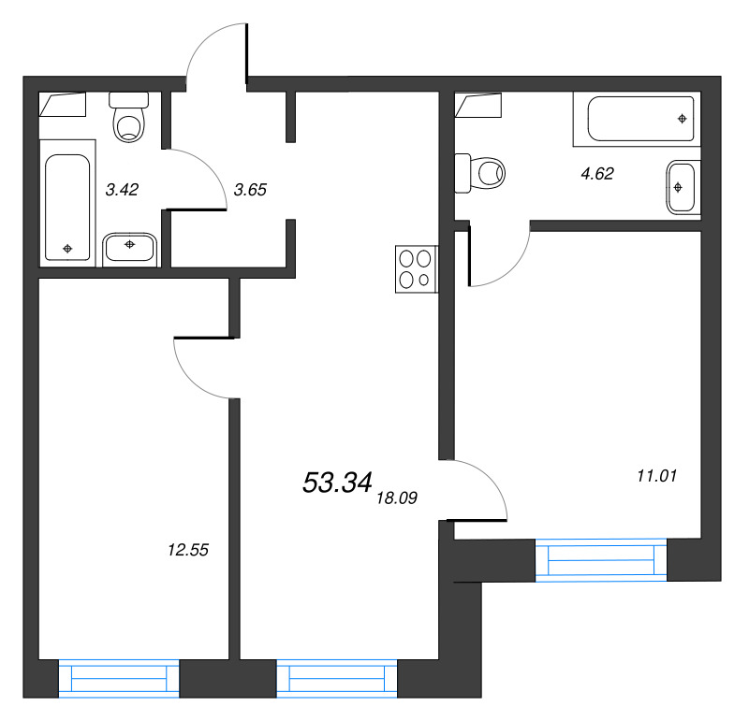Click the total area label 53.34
[337, 482]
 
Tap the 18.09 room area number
[397, 498]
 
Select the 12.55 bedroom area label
[188, 550]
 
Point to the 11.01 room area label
[657, 476]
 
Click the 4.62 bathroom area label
[597, 173]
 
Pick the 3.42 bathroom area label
[122, 190]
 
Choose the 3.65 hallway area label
[250, 190]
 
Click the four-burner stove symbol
[416, 269]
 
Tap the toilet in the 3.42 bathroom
[129, 118]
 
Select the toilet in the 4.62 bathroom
[479, 173]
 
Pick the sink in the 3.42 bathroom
[129, 248]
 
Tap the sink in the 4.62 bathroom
[682, 188]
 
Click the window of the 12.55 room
[119, 679]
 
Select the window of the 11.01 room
[601, 560]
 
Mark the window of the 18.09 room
[337, 679]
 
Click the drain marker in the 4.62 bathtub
[683, 119]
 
